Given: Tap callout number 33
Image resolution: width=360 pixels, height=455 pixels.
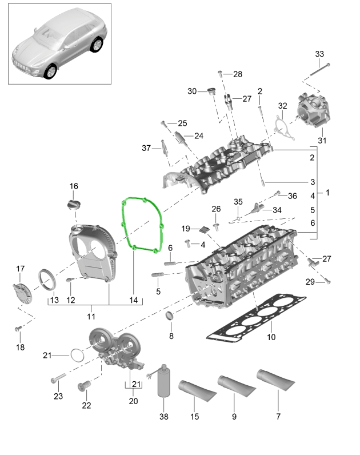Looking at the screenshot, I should [319, 54].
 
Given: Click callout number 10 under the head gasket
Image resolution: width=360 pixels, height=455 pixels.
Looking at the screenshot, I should [271, 337].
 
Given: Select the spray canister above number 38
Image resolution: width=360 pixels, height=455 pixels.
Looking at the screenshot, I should [165, 381].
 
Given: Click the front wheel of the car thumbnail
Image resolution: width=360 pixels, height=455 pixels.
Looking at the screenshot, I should [51, 71].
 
